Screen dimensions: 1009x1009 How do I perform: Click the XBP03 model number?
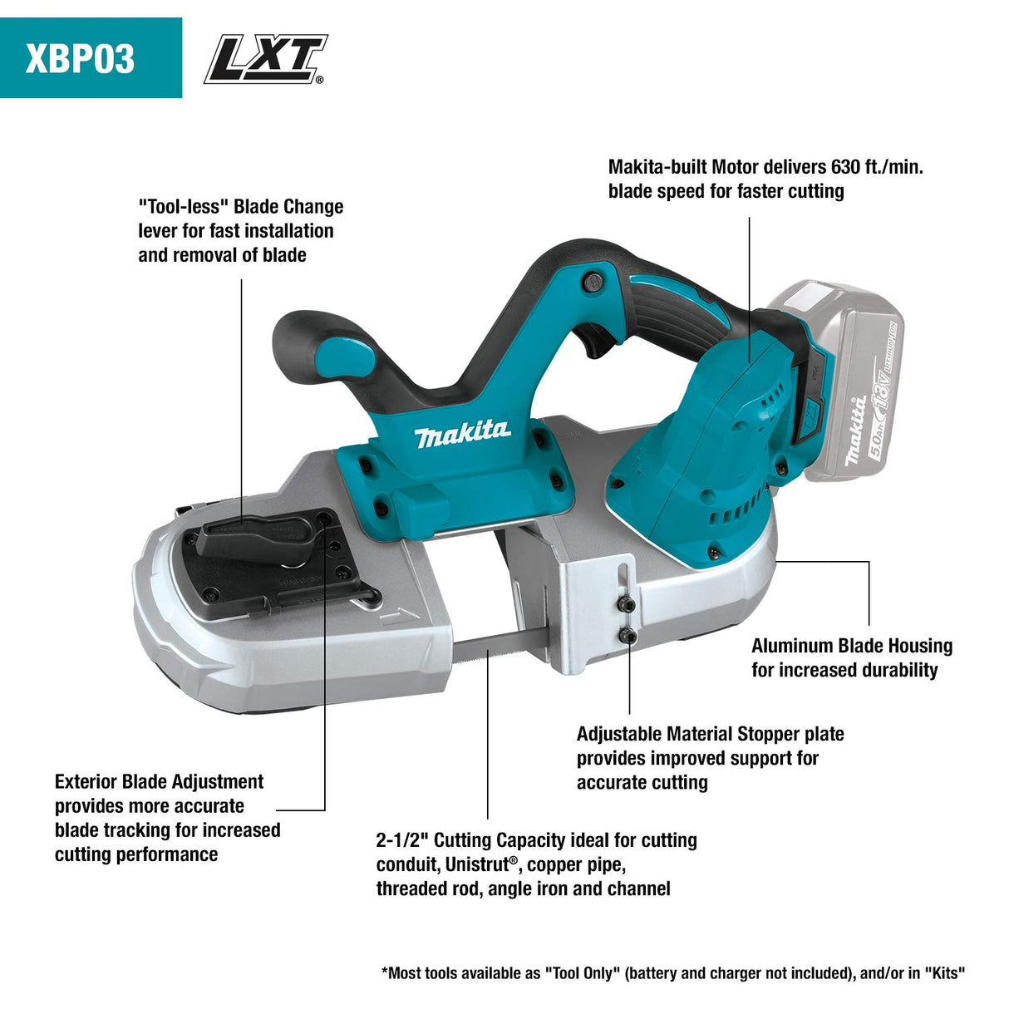pos(80,59)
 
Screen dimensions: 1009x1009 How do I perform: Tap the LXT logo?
pos(265,59)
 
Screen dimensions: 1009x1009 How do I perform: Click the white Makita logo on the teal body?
pos(463,433)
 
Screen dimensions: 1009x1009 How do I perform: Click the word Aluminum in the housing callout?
pos(792,646)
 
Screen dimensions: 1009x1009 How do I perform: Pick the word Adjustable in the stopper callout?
pos(620,734)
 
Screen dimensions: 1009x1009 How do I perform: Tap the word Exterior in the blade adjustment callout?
pos(86,782)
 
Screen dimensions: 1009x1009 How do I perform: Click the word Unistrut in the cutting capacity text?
pos(477,864)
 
